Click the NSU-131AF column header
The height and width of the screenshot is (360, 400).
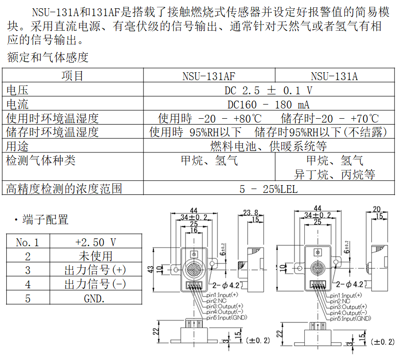[209, 76]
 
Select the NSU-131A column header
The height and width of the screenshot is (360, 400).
[334, 76]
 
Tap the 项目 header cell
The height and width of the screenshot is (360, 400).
[72, 76]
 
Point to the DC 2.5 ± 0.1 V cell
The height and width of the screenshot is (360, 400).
[268, 90]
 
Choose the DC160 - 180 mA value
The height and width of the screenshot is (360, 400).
[268, 104]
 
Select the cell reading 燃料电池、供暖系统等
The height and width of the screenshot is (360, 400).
[268, 146]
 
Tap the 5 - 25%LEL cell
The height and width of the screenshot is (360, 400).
[268, 189]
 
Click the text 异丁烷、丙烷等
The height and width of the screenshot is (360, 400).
[335, 174]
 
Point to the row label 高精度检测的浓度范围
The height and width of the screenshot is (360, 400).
[63, 189]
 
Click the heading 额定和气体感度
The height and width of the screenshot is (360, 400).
[47, 58]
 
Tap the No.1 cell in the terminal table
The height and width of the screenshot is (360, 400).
[27, 242]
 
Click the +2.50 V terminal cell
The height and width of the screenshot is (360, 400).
[96, 242]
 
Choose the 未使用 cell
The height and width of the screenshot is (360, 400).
[96, 256]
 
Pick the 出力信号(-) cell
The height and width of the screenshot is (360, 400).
[96, 284]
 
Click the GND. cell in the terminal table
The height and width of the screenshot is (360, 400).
[96, 298]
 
